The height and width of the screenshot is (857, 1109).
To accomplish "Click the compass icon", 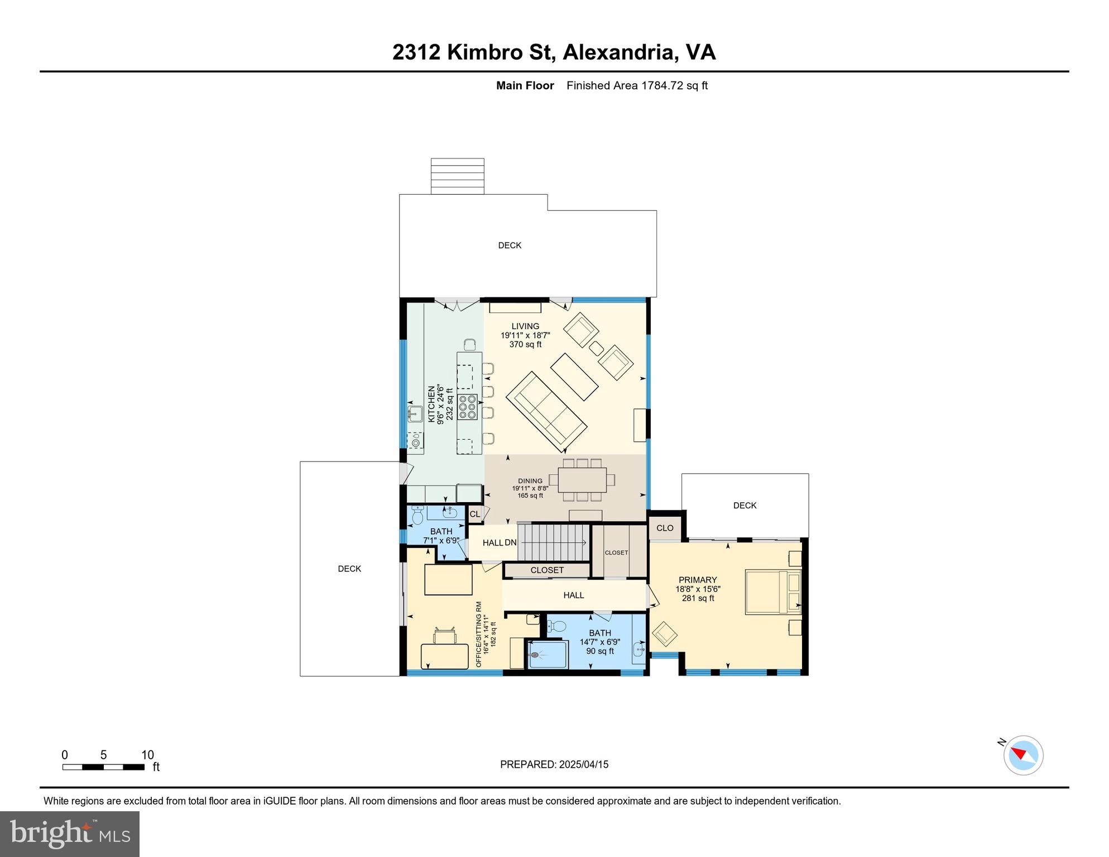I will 1023,755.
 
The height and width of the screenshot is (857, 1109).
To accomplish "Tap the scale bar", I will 103,767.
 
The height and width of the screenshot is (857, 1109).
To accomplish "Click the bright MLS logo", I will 70,834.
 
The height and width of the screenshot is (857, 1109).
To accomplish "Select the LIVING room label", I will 525,326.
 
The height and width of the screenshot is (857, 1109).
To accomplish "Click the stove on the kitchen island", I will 468,407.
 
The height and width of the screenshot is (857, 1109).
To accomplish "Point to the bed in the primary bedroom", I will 773,592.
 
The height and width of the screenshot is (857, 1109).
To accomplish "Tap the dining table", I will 582,480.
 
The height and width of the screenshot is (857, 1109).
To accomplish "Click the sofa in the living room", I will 546,412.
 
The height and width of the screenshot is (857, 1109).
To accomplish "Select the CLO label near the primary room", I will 665,528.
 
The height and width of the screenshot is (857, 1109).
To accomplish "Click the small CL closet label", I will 474,514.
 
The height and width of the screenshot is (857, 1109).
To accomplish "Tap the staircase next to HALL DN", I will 554,542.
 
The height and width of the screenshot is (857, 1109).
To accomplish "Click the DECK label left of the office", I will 349,569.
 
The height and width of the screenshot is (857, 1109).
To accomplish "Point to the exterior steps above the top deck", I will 457,176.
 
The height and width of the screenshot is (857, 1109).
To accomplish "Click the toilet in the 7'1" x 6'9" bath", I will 417,516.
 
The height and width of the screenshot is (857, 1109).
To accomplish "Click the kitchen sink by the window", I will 415,413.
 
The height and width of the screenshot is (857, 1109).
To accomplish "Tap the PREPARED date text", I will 554,764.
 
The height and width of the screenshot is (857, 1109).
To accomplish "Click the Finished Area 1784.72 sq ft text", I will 637,85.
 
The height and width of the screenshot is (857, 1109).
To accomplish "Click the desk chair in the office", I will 445,636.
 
